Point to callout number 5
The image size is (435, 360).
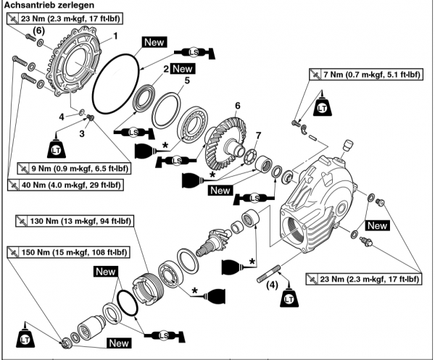pyautogui.click(x=186, y=81)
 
